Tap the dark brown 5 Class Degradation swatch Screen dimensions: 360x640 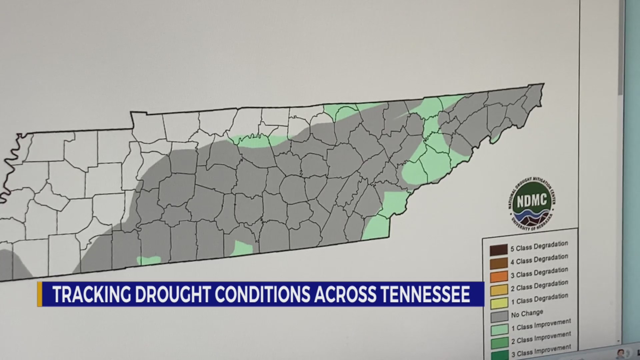pyautogui.click(x=499, y=249)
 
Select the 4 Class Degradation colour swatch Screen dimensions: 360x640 pyautogui.click(x=499, y=263)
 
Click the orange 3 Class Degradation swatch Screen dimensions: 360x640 pyautogui.click(x=499, y=276)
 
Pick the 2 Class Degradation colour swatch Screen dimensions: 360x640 pyautogui.click(x=499, y=290)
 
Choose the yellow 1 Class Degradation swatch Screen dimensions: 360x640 pyautogui.click(x=499, y=303)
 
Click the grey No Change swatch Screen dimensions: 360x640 pyautogui.click(x=499, y=316)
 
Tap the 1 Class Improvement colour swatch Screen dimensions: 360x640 pyautogui.click(x=500, y=330)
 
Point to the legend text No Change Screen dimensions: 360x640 pyautogui.click(x=527, y=313)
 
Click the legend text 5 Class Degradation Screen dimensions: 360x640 pyautogui.click(x=539, y=246)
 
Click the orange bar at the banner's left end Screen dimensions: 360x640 pyautogui.click(x=40, y=294)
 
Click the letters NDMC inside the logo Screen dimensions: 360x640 pyautogui.click(x=532, y=200)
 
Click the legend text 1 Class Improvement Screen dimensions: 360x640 pyautogui.click(x=541, y=325)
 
